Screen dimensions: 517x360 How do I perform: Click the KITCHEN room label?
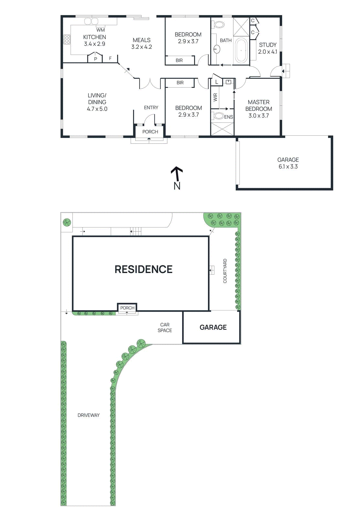[94, 37]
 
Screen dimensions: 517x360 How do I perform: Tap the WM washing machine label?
[100, 30]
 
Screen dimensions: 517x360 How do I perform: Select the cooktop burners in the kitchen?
[67, 39]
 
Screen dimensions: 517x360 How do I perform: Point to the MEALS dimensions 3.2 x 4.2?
[141, 47]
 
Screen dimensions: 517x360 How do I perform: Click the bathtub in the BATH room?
[241, 51]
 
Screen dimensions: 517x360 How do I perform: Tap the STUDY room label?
[268, 45]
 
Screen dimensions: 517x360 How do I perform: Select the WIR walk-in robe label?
[215, 97]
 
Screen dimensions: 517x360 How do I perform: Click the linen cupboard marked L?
[216, 82]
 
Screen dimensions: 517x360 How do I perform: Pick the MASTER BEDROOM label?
[259, 105]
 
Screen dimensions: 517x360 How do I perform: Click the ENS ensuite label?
[229, 117]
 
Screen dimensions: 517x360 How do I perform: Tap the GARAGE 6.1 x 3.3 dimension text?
[288, 167]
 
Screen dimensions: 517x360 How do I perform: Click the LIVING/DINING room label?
[97, 99]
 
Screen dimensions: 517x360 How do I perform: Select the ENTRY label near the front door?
[151, 108]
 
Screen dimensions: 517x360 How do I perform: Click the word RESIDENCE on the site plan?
[143, 269]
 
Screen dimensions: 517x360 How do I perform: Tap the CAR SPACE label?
[165, 327]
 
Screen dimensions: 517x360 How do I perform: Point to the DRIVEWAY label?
[88, 415]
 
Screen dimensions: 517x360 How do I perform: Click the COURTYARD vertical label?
[225, 271]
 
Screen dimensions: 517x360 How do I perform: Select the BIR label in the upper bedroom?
[179, 60]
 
